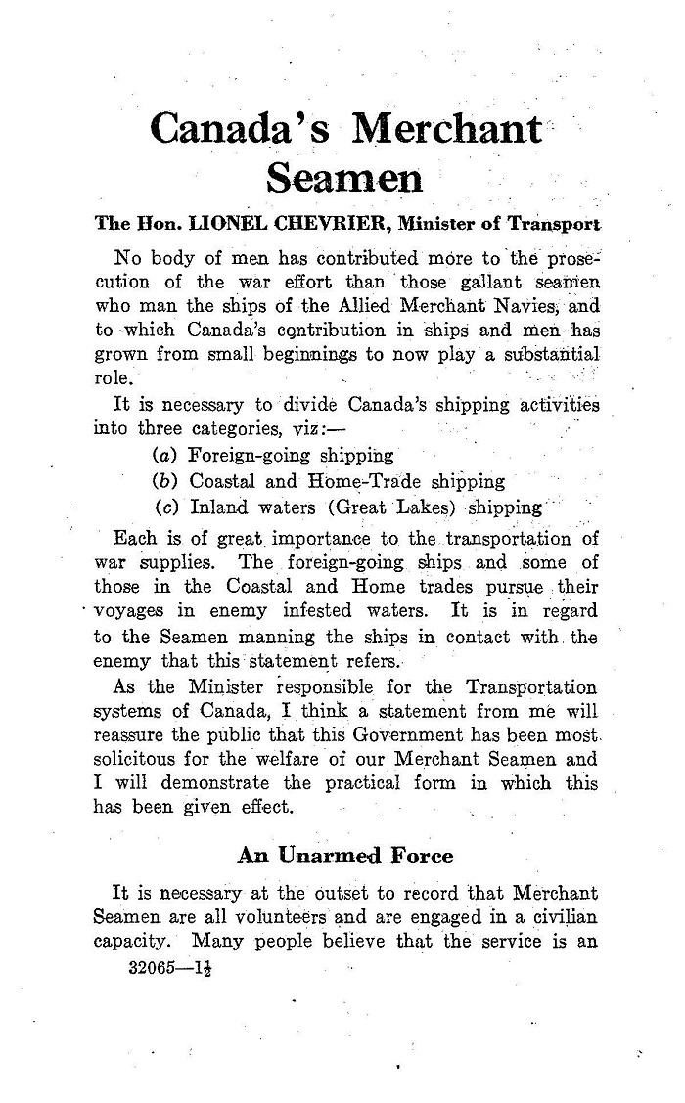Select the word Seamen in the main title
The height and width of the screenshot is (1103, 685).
pos(345,178)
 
